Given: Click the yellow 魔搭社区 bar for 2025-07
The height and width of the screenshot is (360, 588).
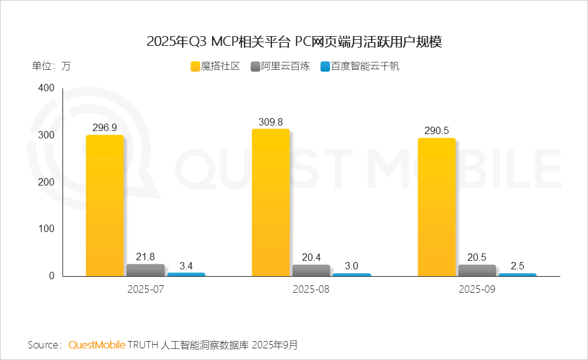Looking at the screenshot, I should pyautogui.click(x=104, y=206).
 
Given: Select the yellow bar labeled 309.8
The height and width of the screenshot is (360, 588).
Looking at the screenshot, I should pyautogui.click(x=271, y=203).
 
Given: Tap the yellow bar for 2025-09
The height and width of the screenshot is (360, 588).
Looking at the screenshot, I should pyautogui.click(x=437, y=207).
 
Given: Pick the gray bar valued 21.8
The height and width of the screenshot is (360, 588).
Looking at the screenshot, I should pyautogui.click(x=145, y=270).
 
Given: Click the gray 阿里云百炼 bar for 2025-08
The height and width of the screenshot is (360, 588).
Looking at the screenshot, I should pyautogui.click(x=311, y=270).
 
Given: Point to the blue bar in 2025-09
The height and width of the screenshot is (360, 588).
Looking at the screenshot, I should pyautogui.click(x=518, y=275).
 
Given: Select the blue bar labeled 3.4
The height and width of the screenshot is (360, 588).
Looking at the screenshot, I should pyautogui.click(x=186, y=274).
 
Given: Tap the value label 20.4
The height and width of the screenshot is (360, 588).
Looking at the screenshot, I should pyautogui.click(x=311, y=257).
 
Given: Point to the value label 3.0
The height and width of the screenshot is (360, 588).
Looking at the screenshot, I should pyautogui.click(x=352, y=266).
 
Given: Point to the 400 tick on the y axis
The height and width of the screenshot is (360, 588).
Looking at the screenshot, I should pyautogui.click(x=46, y=89).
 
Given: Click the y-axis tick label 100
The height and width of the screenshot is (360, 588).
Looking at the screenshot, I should pyautogui.click(x=46, y=229).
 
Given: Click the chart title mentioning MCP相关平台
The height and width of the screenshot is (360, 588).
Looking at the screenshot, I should pyautogui.click(x=294, y=42).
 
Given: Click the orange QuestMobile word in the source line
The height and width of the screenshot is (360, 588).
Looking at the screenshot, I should pyautogui.click(x=96, y=345).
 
